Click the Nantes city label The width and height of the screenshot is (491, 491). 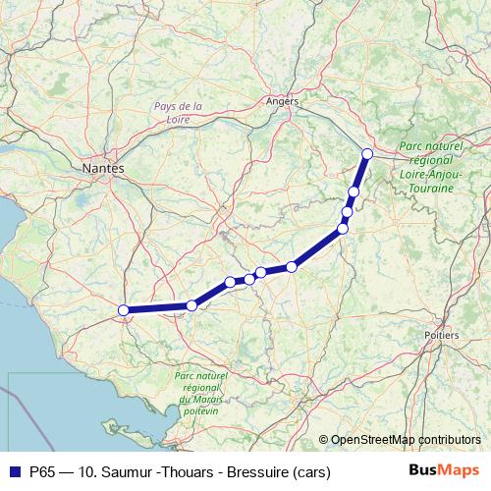pos(104,169)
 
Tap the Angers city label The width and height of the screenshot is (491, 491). pos(283,100)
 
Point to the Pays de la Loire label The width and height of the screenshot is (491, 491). pos(178,113)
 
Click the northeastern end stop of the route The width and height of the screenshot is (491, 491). pos(367,153)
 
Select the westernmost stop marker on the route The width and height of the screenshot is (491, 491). pos(125,310)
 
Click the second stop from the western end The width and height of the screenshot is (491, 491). pos(191,305)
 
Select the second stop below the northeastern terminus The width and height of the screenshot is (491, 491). pos(348,211)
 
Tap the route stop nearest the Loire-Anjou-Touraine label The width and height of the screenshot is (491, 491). pos(367,153)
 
